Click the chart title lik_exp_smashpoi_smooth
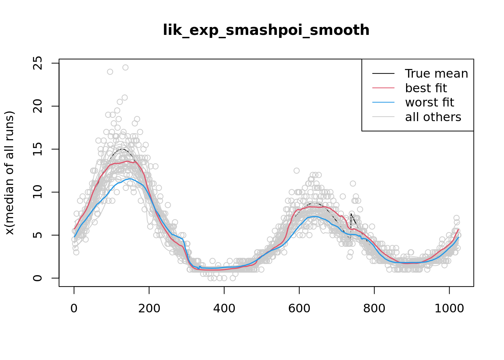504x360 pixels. click(266, 30)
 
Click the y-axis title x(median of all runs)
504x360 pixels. click(9, 173)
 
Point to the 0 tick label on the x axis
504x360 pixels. click(74, 308)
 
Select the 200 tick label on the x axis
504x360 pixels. click(149, 308)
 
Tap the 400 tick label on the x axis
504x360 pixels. click(224, 308)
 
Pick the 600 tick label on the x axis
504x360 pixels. click(299, 308)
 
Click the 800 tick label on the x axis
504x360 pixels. click(374, 308)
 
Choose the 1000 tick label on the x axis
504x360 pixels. click(449, 308)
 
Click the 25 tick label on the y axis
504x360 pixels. click(37, 63)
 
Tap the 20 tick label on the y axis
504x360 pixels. click(37, 106)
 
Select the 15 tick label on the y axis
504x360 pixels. click(37, 149)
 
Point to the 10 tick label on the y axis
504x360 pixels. click(37, 192)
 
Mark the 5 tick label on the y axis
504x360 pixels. click(37, 235)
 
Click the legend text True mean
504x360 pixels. click(436, 73)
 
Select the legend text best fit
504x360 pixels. click(426, 88)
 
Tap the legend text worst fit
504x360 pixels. click(430, 102)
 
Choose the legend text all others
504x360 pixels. click(433, 117)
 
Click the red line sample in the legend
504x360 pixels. click(383, 88)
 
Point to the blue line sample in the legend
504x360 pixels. click(383, 102)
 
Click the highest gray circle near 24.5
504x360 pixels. click(125, 67)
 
